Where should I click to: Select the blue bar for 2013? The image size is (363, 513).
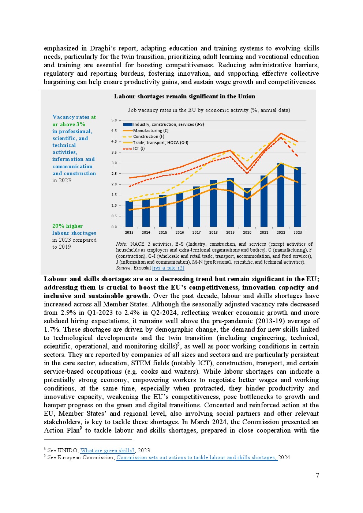(129, 214)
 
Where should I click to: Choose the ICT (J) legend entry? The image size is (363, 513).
(139, 148)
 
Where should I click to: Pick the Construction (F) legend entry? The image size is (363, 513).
(149, 136)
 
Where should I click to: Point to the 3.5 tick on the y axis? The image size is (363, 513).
(114, 152)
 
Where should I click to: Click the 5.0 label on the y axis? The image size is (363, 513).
(114, 120)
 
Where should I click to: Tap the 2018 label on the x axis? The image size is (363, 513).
(213, 232)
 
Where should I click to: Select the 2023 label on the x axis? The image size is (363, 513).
(297, 232)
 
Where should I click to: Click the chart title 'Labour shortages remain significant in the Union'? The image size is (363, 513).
(184, 97)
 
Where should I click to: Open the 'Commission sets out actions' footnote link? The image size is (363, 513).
(197, 457)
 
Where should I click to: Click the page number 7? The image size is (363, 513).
(317, 475)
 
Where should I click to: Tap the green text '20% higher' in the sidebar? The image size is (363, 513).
(67, 226)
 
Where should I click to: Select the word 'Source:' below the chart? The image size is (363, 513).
(124, 268)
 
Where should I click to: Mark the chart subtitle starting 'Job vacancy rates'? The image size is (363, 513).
(209, 110)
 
